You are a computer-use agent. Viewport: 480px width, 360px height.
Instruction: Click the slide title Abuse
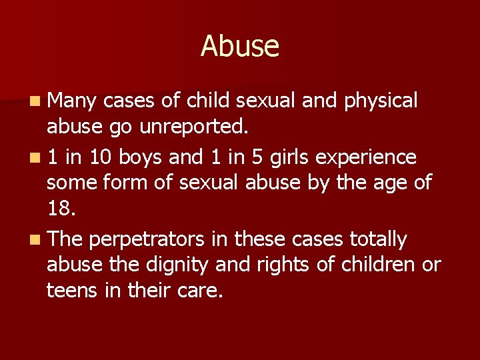pos(240,46)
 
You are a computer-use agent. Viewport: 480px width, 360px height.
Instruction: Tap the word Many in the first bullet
pos(72,101)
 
